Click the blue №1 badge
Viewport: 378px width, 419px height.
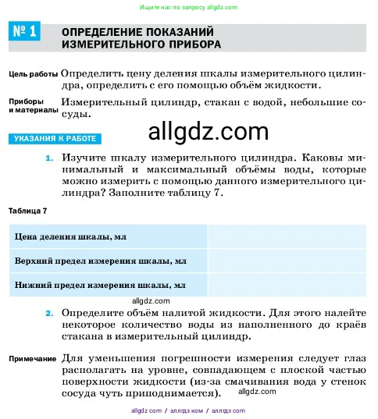pyautogui.click(x=24, y=33)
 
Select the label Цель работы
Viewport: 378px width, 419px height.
pyautogui.click(x=33, y=74)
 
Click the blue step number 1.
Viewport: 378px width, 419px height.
pyautogui.click(x=49, y=158)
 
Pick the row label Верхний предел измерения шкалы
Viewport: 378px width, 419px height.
pyautogui.click(x=100, y=260)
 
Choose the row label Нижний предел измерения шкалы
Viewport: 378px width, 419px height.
pyautogui.click(x=100, y=284)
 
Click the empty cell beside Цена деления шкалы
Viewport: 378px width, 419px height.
pyautogui.click(x=286, y=235)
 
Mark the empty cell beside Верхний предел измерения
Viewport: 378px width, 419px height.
pyautogui.click(x=286, y=260)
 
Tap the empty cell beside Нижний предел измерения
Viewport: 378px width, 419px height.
pyautogui.click(x=286, y=284)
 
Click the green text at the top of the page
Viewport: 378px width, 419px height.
pyautogui.click(x=188, y=7)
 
